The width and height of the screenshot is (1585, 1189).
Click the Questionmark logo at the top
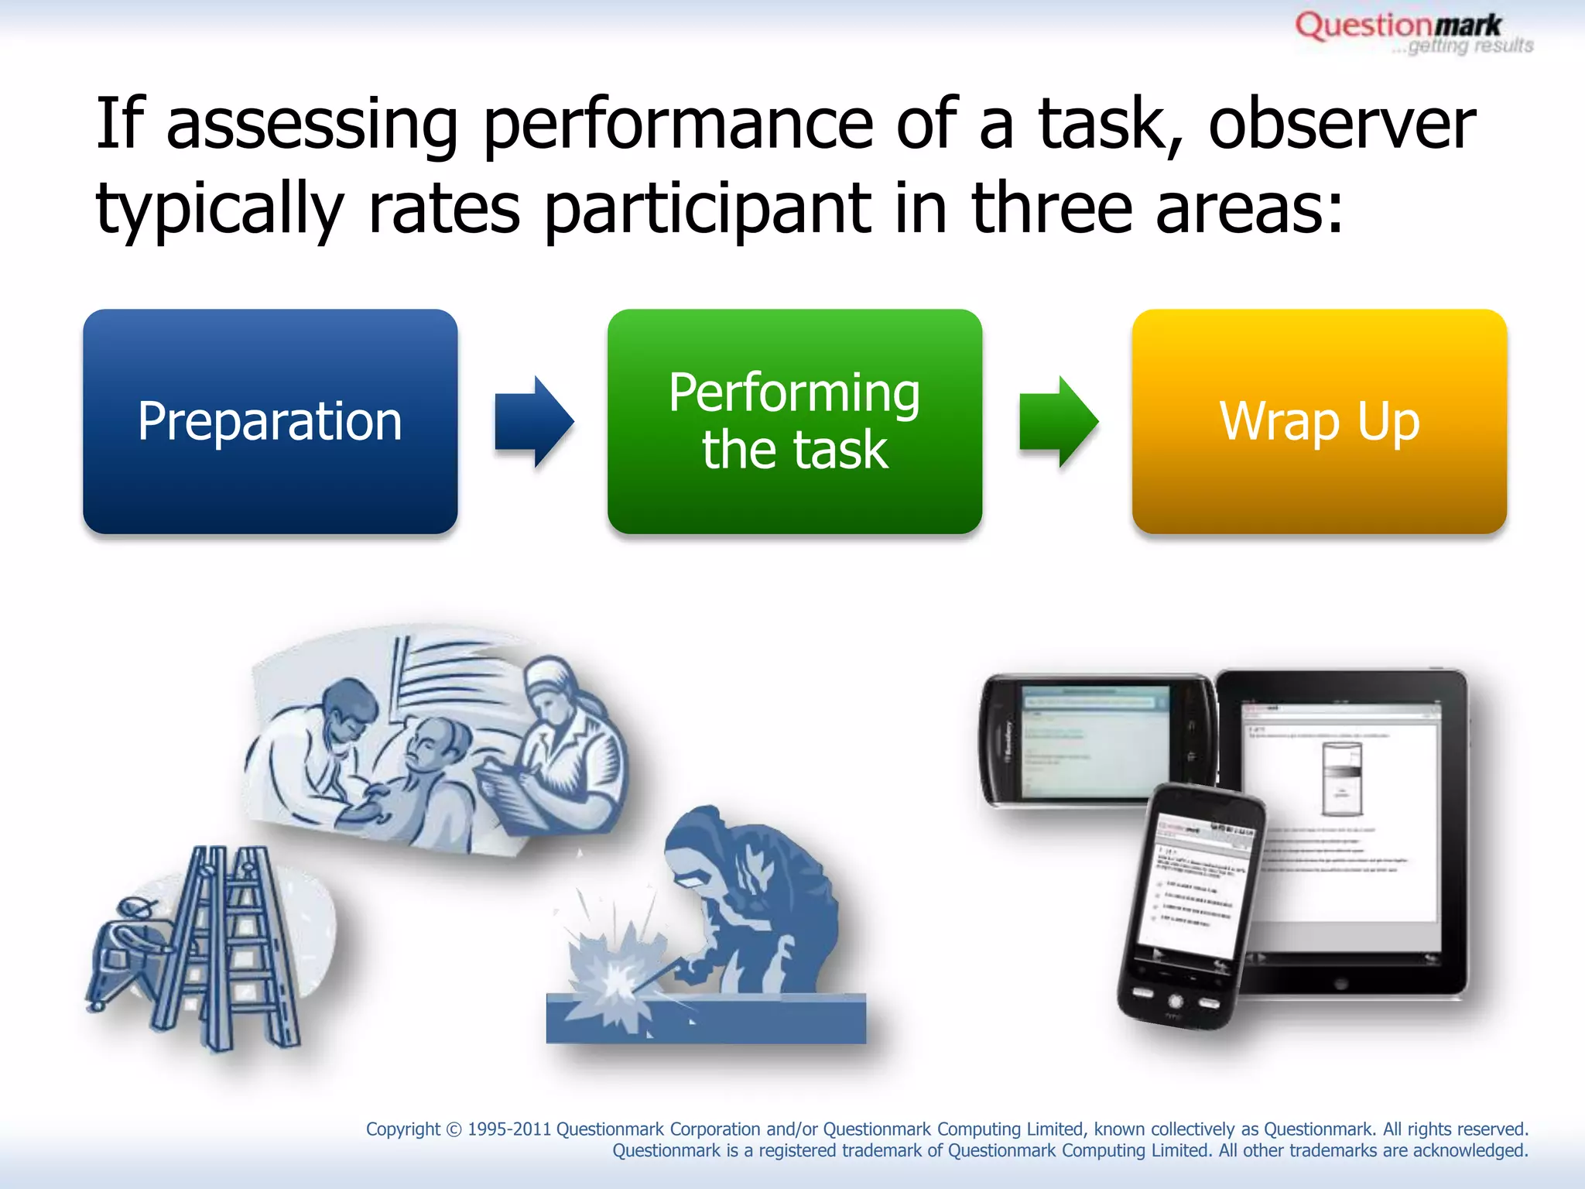[1398, 26]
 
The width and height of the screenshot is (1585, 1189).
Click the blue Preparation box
[270, 421]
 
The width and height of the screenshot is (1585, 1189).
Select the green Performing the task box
[794, 421]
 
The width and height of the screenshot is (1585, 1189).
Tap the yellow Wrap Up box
[1319, 421]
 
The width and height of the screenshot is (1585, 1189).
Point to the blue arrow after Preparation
[534, 421]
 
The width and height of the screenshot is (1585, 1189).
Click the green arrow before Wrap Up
[1058, 421]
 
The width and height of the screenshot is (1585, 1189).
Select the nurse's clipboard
[511, 797]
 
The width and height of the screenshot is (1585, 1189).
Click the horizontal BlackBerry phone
[1095, 739]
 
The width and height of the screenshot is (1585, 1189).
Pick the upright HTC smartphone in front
[1192, 906]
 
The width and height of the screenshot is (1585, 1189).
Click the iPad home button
[1341, 984]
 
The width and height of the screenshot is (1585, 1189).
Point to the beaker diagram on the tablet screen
[1341, 778]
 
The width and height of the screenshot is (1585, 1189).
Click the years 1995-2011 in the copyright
[508, 1129]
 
